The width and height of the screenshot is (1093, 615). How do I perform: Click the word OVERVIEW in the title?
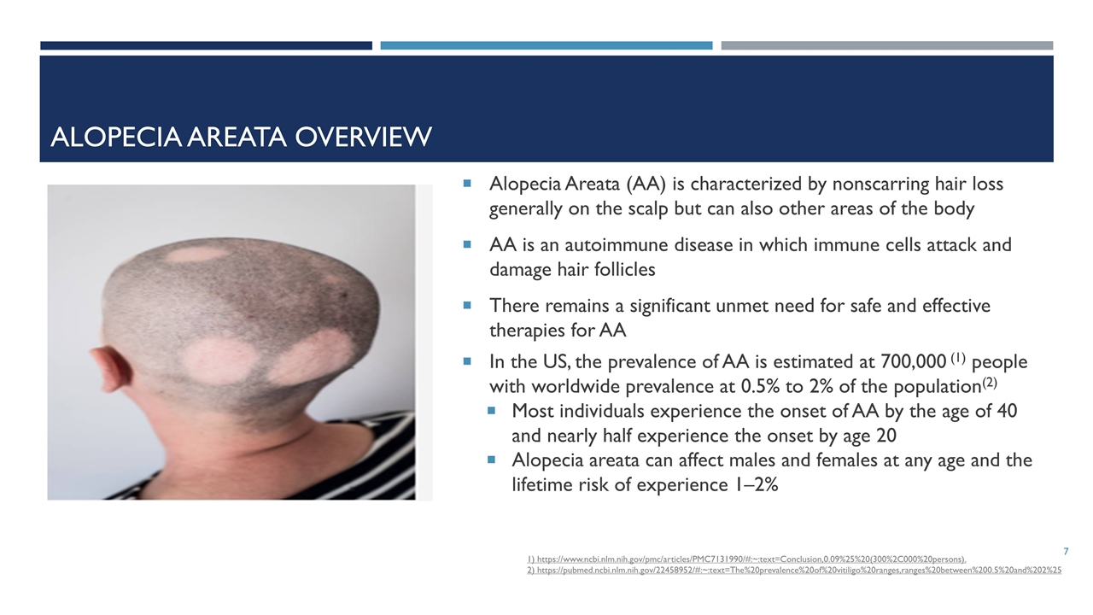(364, 137)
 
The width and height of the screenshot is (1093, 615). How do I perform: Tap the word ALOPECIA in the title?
(115, 137)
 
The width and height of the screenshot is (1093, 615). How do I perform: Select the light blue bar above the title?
(546, 45)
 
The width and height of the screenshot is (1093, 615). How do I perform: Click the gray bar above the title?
(887, 45)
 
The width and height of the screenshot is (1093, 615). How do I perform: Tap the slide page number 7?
(1067, 552)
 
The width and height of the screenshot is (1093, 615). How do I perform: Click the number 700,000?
(914, 361)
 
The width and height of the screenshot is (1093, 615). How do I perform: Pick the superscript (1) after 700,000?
(958, 358)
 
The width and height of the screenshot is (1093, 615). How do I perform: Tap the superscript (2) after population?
(990, 382)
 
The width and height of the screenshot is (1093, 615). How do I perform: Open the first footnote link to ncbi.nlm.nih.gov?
(746, 559)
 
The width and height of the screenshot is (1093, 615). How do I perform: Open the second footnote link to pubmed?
(794, 570)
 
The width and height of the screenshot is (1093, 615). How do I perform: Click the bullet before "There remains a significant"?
(467, 306)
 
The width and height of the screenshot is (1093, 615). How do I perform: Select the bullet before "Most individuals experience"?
(491, 411)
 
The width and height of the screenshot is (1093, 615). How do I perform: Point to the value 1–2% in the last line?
(754, 484)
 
